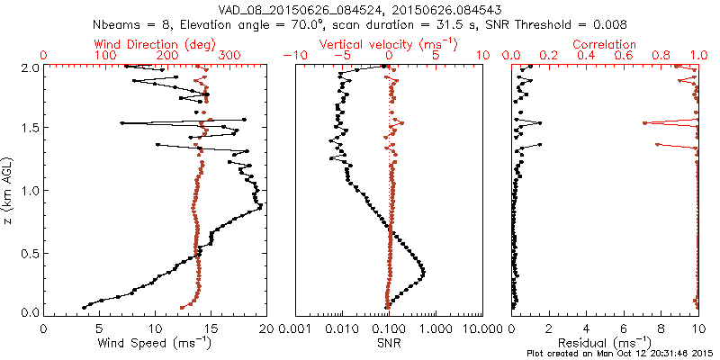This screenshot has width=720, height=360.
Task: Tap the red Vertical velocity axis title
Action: click(389, 44)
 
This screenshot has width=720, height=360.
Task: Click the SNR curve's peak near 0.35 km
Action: click(423, 272)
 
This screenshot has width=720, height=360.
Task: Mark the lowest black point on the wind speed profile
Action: click(85, 307)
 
